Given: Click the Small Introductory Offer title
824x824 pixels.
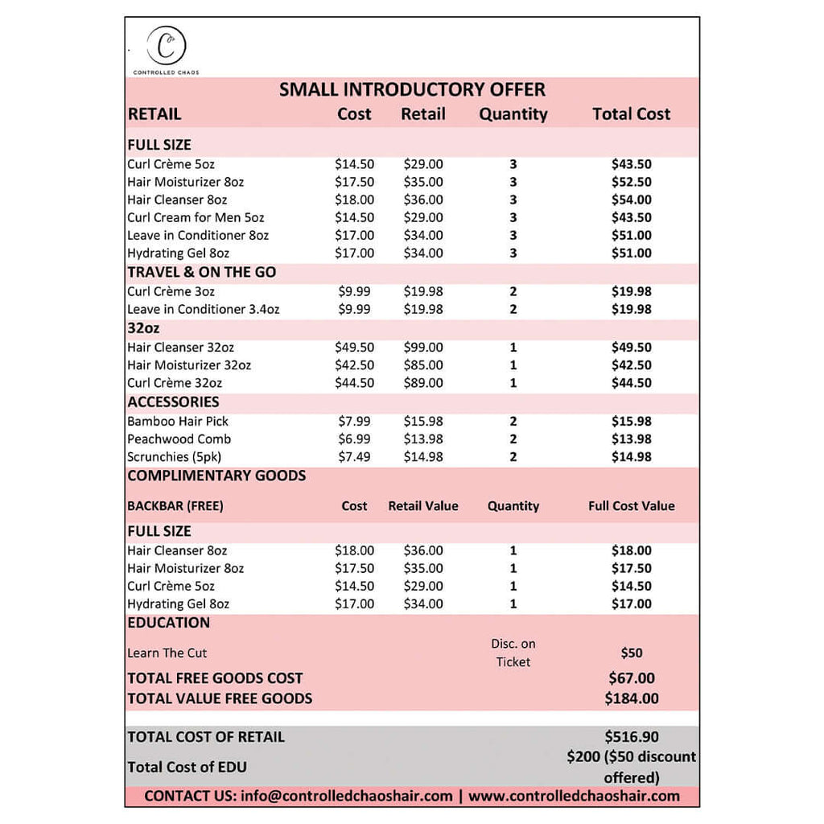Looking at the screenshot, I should [412, 89].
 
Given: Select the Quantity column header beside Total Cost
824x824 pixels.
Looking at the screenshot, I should [513, 114].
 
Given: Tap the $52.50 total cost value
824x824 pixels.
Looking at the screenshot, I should [631, 182].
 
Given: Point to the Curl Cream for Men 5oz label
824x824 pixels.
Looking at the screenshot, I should [196, 217].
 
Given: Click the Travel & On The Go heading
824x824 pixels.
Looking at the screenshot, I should [201, 272].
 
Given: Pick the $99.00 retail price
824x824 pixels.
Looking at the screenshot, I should [423, 348].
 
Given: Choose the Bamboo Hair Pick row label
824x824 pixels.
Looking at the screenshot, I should [178, 422].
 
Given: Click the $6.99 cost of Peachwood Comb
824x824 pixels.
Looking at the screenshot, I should [354, 439].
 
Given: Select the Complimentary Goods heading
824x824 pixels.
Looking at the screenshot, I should [216, 476].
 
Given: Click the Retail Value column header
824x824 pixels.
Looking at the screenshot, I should [423, 506].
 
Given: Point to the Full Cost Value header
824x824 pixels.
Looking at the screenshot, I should [631, 506].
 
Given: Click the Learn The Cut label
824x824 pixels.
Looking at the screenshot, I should [167, 653].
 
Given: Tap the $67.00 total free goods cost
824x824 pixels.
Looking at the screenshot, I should [631, 678].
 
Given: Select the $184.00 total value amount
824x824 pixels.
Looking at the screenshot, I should [631, 698].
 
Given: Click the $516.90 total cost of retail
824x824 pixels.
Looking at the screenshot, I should [631, 736].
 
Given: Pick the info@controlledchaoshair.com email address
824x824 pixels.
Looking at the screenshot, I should [346, 796].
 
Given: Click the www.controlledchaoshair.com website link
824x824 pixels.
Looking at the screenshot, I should [574, 796].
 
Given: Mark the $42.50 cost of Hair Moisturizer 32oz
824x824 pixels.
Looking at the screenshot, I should [354, 365].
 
